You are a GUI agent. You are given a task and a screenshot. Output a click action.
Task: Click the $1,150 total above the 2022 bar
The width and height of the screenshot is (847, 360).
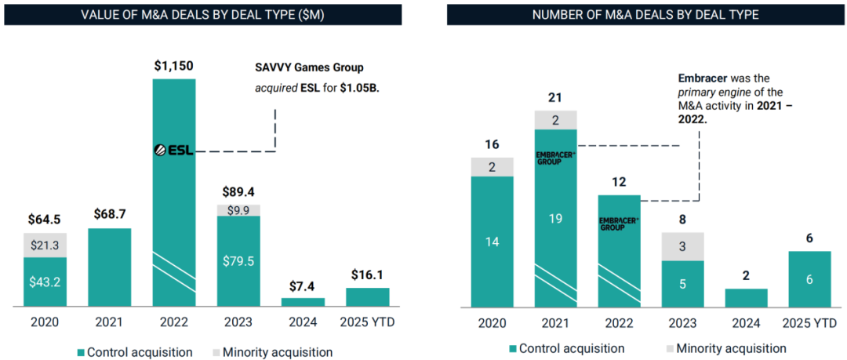click(174, 65)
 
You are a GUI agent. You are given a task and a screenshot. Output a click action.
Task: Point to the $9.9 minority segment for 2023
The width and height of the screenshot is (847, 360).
click(238, 210)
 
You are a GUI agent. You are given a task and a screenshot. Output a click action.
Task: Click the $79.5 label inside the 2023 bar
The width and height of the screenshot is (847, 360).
click(238, 261)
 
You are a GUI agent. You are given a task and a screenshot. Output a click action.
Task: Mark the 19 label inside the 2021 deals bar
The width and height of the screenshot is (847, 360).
click(555, 218)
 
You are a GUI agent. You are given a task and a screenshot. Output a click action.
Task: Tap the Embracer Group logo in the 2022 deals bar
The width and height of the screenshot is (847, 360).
click(619, 224)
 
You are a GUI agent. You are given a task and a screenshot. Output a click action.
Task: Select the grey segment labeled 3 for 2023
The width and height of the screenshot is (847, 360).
click(682, 246)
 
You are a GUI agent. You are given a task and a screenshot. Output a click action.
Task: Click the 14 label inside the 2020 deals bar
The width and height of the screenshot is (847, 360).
click(492, 242)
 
